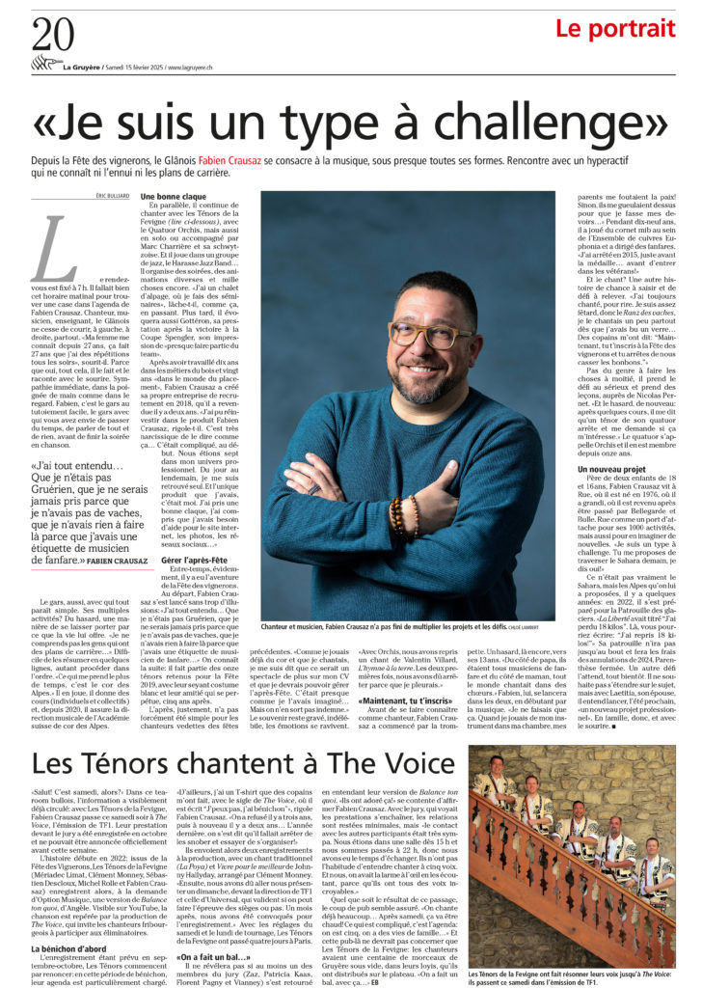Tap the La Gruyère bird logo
pyautogui.click(x=44, y=65)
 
